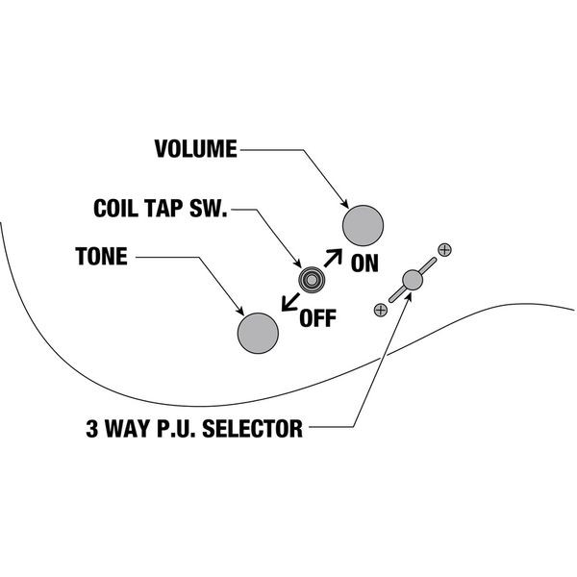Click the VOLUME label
[195, 149]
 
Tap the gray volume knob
[364, 226]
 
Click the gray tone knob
[258, 333]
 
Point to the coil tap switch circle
[311, 279]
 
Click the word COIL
[116, 209]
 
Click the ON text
[364, 264]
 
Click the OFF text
[318, 318]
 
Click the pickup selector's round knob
[413, 280]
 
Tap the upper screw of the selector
[444, 250]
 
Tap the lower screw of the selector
[381, 309]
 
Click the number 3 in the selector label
[90, 426]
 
